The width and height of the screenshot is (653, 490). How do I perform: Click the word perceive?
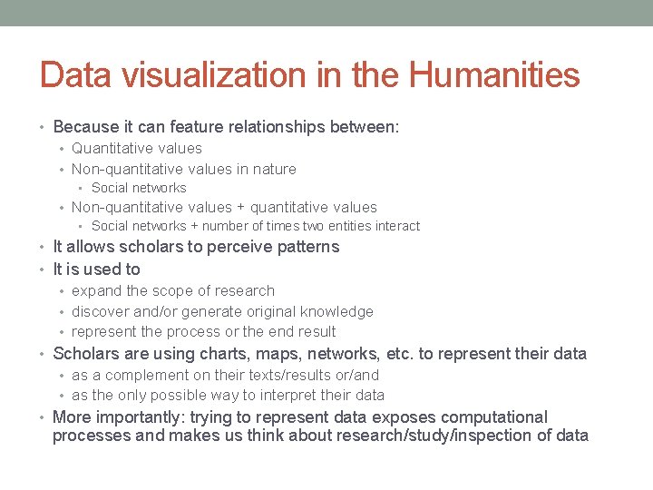tap(239, 247)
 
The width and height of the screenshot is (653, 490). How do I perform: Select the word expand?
tap(96, 291)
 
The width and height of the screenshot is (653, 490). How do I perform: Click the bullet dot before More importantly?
tap(44, 418)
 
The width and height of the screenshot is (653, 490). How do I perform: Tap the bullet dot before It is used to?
tap(44, 269)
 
